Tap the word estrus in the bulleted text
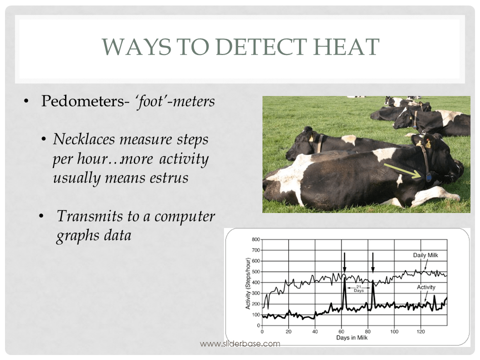point(165,177)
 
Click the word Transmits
point(85,216)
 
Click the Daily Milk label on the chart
point(425,255)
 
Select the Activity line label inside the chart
point(426,287)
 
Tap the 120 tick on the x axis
point(420,331)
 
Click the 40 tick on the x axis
point(315,331)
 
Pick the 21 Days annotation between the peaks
point(358,288)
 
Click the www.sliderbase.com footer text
point(240,343)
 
